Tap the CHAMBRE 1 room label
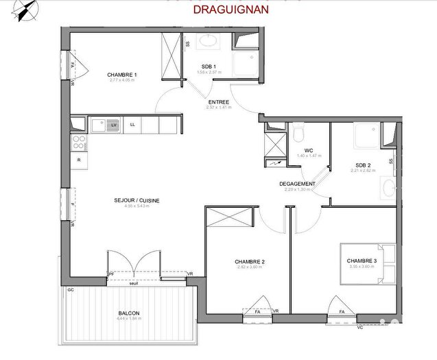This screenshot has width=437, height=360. click(122, 75)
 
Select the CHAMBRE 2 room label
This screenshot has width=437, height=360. click(250, 262)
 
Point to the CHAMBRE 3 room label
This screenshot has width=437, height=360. click(362, 261)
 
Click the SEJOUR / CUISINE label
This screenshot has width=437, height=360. click(137, 200)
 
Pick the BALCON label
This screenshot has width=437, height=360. click(128, 313)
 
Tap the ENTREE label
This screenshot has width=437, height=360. click(219, 102)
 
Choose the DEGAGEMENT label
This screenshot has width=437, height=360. click(297, 184)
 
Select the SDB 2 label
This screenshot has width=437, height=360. click(363, 165)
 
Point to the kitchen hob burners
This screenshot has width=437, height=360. click(79, 143)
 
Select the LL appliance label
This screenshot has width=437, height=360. click(132, 125)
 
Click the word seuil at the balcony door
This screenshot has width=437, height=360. click(143, 283)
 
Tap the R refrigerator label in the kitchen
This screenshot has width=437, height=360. click(80, 160)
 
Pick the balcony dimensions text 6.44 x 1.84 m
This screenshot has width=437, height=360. click(128, 319)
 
